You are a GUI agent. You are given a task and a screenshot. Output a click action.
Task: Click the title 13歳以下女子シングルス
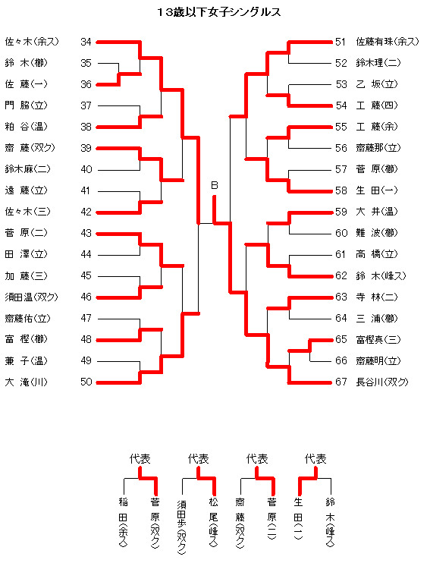[218, 12]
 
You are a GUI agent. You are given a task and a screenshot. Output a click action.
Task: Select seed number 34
[86, 42]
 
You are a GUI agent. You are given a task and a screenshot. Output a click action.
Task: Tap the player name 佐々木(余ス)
[32, 42]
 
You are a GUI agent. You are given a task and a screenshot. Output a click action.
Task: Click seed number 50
[86, 382]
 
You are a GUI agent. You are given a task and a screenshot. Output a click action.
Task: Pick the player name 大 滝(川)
[26, 382]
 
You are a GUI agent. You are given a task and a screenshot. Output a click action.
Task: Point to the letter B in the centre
[214, 185]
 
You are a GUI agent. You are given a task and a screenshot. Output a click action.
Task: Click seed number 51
[341, 42]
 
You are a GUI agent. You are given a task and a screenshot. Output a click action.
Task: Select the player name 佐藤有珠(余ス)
[388, 42]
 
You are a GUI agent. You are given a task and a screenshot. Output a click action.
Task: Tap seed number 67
[341, 382]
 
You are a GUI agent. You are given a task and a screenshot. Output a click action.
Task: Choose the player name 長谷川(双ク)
[382, 382]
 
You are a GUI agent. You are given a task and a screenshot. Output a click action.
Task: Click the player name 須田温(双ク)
[32, 297]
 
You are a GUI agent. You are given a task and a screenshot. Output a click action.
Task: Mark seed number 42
[86, 212]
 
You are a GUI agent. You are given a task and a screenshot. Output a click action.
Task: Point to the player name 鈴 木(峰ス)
[381, 275]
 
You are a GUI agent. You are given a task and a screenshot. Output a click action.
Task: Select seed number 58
[341, 190]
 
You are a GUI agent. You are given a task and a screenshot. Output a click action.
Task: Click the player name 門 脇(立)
[26, 105]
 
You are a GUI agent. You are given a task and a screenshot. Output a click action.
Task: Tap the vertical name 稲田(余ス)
[124, 522]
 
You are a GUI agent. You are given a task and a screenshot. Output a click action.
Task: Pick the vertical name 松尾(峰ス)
[214, 522]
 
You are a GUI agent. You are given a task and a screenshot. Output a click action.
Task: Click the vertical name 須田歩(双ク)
[181, 527]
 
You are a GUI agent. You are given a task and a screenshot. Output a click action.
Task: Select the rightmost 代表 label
[315, 458]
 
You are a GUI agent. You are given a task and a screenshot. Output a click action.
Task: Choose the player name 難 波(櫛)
[377, 233]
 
